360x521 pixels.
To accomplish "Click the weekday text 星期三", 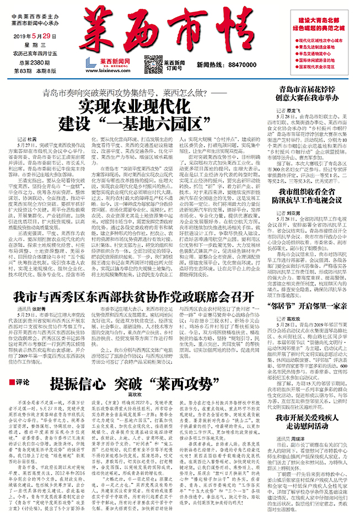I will tap(27, 45).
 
